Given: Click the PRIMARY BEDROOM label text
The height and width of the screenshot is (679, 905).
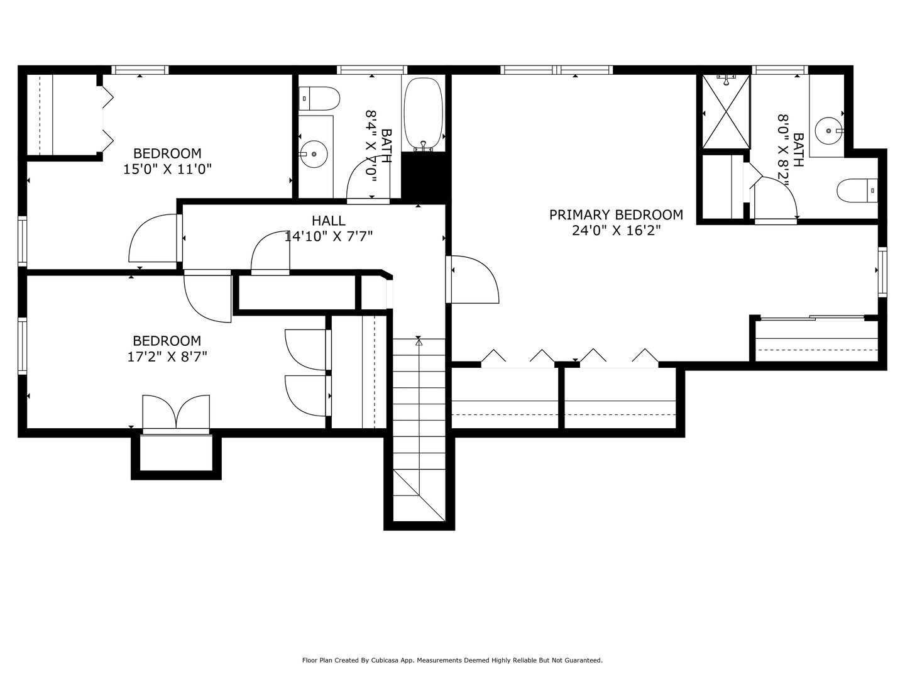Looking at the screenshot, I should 615,215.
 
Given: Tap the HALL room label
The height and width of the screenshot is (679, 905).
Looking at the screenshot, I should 328,221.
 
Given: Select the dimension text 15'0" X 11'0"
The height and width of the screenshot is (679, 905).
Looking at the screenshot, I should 167,169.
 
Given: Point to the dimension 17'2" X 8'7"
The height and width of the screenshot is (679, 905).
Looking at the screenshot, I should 167,356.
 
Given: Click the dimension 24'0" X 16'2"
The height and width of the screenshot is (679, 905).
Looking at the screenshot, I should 616,231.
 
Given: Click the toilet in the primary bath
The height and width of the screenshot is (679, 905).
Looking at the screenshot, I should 857,190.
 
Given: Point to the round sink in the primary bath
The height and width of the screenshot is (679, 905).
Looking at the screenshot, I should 828,131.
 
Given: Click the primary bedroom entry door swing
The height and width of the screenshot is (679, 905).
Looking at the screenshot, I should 473,279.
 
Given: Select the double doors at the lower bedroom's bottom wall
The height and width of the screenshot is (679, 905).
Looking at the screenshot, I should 176,413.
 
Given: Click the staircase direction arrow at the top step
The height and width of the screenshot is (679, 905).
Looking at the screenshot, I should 419,342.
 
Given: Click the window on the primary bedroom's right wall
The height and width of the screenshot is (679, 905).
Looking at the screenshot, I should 882,272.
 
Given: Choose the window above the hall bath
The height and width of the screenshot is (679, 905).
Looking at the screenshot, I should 371,70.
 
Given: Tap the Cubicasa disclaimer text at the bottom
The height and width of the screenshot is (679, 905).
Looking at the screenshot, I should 452,660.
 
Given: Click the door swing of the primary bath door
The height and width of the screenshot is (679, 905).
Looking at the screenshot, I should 777,198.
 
